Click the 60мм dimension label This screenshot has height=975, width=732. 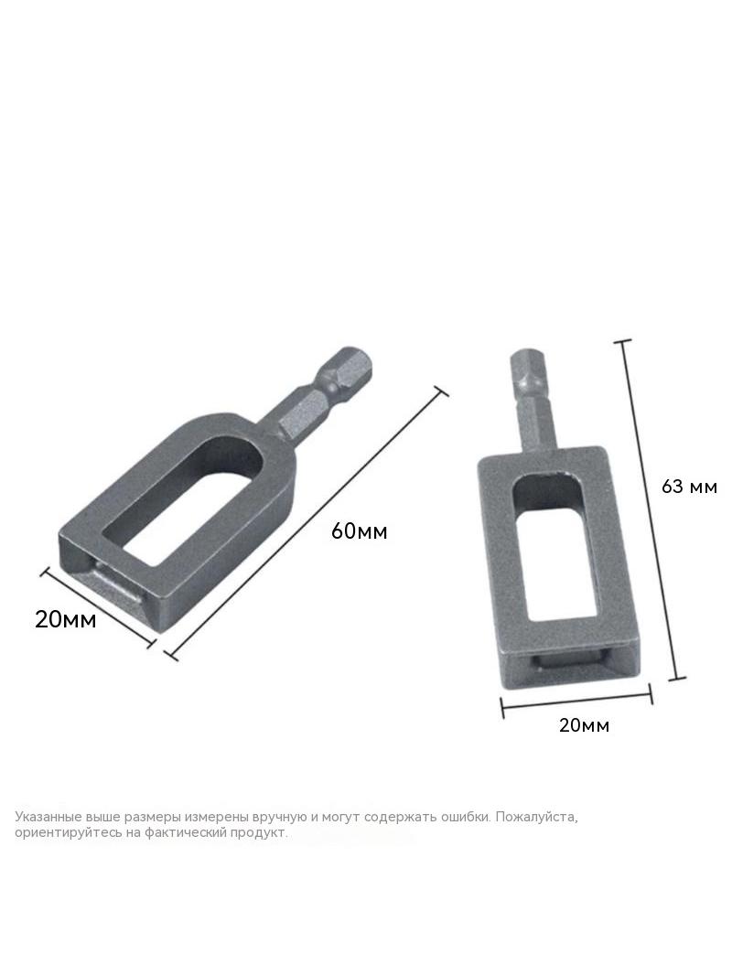coord(359,531)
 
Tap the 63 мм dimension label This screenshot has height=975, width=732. coord(689,487)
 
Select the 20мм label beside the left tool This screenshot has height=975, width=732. coord(65,619)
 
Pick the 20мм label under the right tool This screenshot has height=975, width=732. coord(584,725)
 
